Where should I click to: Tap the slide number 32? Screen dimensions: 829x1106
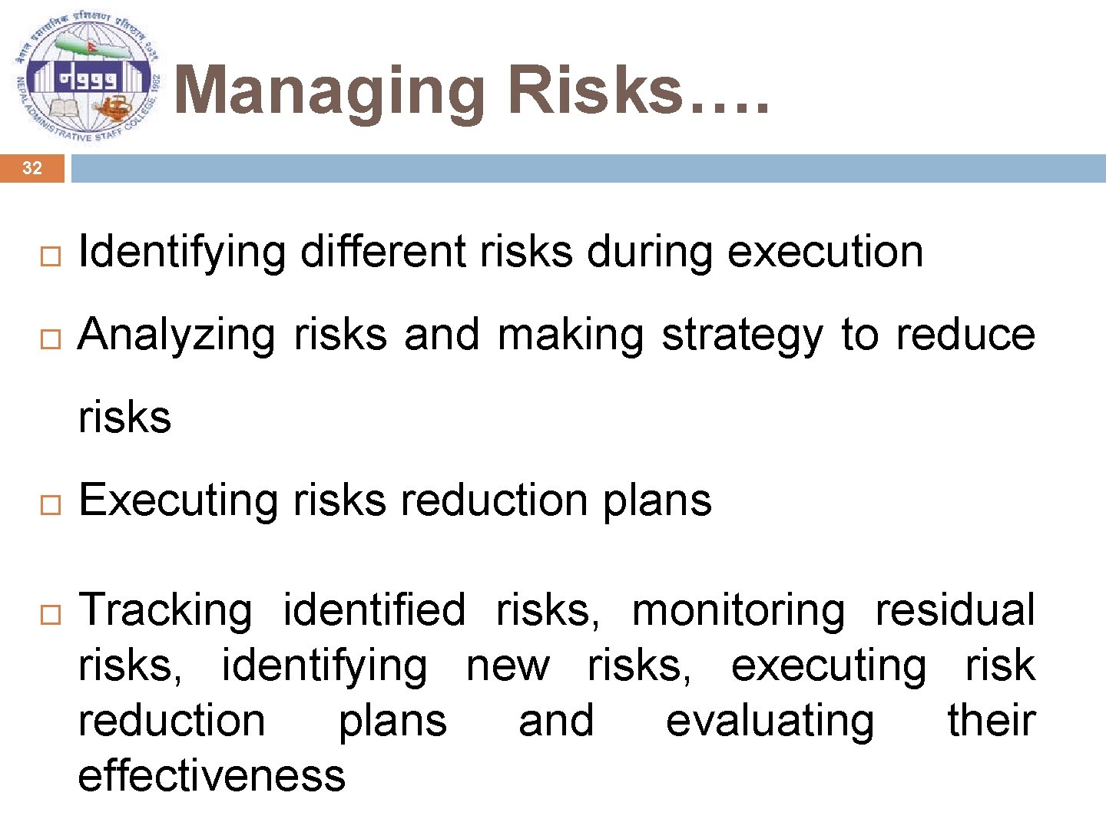(31, 168)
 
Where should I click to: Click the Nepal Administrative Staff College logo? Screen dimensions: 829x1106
(87, 80)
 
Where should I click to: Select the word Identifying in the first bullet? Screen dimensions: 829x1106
(182, 253)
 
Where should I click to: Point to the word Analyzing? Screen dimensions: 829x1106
(177, 336)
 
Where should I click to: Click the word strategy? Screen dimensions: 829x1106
(742, 336)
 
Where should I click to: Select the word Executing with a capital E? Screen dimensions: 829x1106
(177, 501)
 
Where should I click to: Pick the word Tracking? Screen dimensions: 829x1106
(165, 611)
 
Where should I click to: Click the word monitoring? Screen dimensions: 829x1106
(737, 611)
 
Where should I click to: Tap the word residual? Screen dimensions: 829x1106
(955, 611)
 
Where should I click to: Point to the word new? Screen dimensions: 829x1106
(508, 666)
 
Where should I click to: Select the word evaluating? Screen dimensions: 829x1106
(770, 722)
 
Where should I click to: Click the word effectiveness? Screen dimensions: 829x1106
(212, 776)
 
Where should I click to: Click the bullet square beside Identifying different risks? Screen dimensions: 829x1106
(50, 257)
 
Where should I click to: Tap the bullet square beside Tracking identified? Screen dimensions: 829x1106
(50, 614)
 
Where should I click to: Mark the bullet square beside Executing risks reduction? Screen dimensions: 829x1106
(50, 505)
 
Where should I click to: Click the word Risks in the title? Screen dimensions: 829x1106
(595, 91)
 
